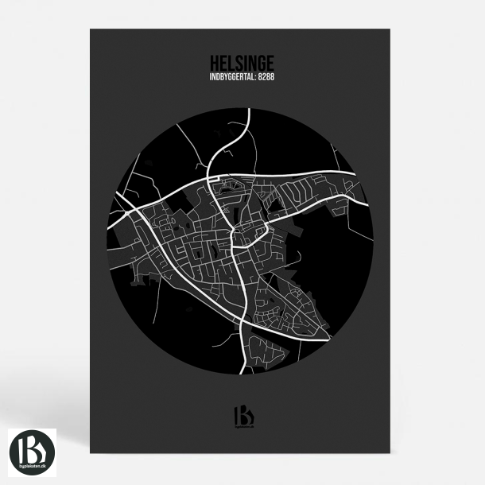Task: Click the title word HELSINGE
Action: (x=242, y=62)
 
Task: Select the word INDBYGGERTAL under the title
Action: (x=231, y=77)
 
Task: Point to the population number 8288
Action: (x=266, y=77)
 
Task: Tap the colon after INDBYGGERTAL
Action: (x=255, y=77)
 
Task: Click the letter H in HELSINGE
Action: (x=215, y=62)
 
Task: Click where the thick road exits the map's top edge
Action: (x=249, y=110)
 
